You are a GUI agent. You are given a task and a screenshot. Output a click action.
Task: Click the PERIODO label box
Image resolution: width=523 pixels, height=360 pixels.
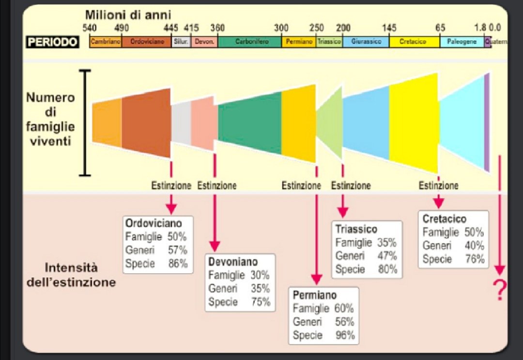point(53,42)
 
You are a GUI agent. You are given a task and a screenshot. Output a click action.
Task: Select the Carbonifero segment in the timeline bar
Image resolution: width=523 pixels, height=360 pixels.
point(249,42)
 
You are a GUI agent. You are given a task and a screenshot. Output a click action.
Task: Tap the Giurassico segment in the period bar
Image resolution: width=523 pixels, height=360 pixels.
point(366,42)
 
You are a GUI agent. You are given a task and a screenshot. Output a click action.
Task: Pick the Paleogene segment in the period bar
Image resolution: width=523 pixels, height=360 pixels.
point(462,42)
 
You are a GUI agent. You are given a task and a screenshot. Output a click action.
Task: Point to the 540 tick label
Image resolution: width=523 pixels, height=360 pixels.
point(89,28)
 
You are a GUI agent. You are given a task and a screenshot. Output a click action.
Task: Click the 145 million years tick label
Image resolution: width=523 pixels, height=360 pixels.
point(389,28)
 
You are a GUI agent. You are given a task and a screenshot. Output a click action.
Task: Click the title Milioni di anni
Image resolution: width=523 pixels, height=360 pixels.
point(128,16)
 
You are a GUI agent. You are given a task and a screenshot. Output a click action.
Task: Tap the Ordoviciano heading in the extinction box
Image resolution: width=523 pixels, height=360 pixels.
point(154,223)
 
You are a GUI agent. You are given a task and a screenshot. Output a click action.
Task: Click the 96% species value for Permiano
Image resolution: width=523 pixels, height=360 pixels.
point(345,335)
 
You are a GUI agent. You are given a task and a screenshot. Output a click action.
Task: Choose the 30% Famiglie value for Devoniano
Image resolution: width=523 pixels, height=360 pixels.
point(260,275)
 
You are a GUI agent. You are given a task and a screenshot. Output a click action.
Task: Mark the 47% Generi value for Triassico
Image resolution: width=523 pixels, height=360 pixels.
point(386,256)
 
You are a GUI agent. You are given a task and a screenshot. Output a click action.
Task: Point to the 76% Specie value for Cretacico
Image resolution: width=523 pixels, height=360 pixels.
point(475,259)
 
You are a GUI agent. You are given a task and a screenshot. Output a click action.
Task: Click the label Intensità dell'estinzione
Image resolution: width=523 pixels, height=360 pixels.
point(71,275)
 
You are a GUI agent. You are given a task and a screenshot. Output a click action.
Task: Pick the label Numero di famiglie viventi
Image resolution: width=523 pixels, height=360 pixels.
point(50,119)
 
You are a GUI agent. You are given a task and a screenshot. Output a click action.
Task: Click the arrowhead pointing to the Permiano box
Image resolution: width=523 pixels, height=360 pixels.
point(316,280)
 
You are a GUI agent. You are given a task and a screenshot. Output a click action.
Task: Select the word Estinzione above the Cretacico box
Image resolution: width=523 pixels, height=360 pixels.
point(438,186)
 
